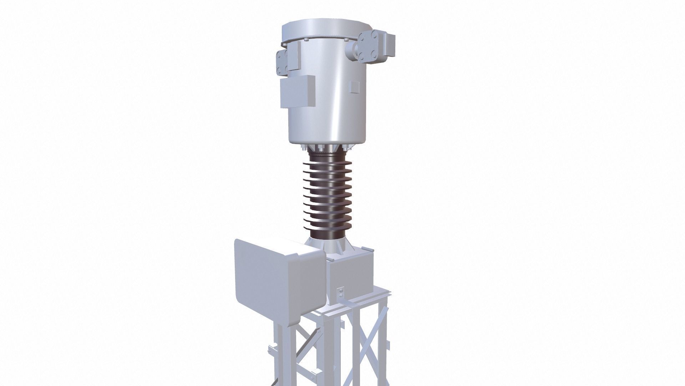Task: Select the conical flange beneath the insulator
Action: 326,244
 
